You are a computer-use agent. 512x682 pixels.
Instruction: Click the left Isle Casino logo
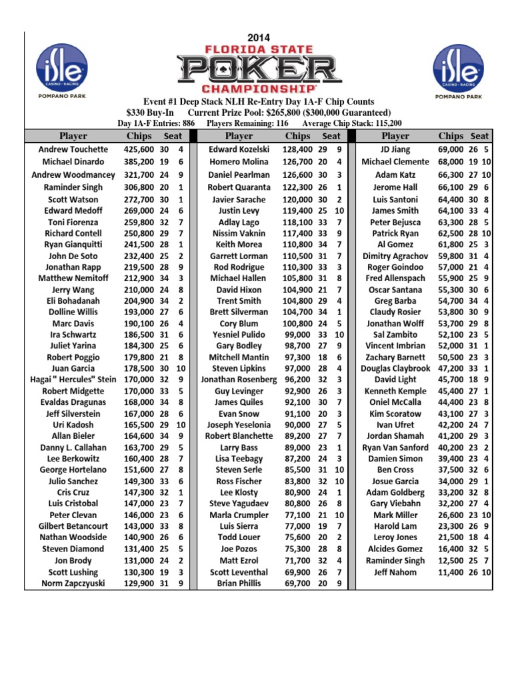62,67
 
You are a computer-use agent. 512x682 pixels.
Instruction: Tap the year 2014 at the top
259,38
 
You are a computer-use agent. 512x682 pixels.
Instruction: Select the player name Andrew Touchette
73,150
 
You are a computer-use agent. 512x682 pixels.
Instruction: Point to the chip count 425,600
139,150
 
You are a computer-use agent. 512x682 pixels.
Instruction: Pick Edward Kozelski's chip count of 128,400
297,150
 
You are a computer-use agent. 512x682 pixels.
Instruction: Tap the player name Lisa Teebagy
239,459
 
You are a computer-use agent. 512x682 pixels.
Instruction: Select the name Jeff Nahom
395,572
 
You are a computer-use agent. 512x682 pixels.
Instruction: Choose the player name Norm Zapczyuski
73,583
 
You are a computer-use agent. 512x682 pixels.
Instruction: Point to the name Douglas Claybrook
395,368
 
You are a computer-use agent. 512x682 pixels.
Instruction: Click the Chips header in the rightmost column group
451,136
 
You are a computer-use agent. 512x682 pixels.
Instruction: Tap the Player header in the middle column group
239,136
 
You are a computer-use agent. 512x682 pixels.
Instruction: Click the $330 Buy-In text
150,113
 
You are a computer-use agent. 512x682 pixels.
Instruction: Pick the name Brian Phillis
239,583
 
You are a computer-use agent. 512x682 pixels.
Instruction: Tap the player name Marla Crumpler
239,515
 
